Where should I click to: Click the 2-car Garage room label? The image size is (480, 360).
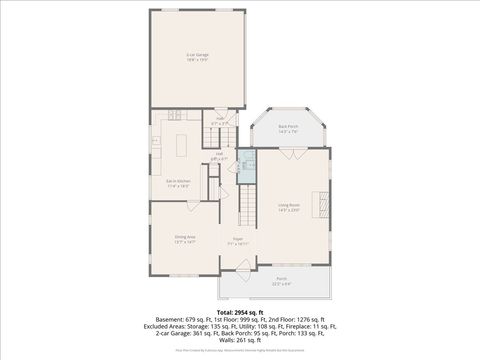(x=197, y=56)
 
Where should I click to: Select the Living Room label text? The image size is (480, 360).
(x=289, y=208)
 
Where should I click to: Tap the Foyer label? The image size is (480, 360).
(x=238, y=240)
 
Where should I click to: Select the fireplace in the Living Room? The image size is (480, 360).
(x=323, y=204)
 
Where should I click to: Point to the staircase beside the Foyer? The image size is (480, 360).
(x=247, y=211)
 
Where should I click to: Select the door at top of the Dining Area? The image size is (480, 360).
(x=190, y=204)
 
